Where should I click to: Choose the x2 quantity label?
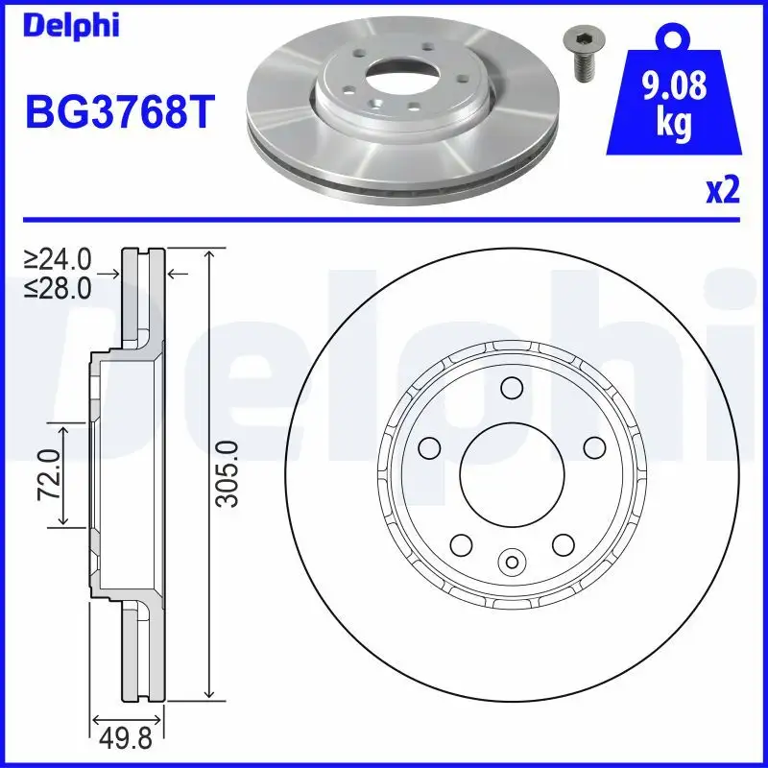(x=722, y=190)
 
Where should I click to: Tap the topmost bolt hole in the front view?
(x=511, y=387)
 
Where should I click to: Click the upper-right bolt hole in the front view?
(x=592, y=446)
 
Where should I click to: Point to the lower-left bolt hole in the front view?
(x=460, y=543)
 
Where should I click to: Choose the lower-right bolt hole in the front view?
(x=562, y=543)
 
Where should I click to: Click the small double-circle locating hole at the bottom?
(x=511, y=561)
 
